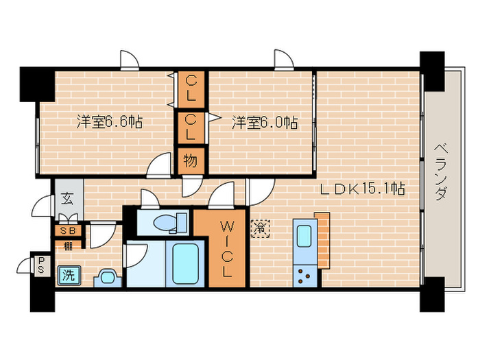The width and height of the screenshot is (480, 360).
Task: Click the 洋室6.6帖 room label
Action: click(110, 123)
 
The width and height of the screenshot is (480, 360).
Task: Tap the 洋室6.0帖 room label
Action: click(264, 123)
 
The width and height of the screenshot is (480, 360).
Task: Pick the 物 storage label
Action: click(191, 162)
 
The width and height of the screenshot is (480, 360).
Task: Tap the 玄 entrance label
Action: click(69, 200)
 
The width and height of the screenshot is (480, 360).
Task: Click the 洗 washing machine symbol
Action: click(68, 275)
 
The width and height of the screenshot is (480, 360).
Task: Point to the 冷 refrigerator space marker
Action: click(261, 226)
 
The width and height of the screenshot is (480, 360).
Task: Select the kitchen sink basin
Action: click(302, 236)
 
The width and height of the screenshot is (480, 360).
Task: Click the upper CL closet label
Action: click(192, 87)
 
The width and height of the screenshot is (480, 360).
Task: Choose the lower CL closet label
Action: click(192, 126)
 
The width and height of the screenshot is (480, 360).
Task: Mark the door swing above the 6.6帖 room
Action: click(128, 60)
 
